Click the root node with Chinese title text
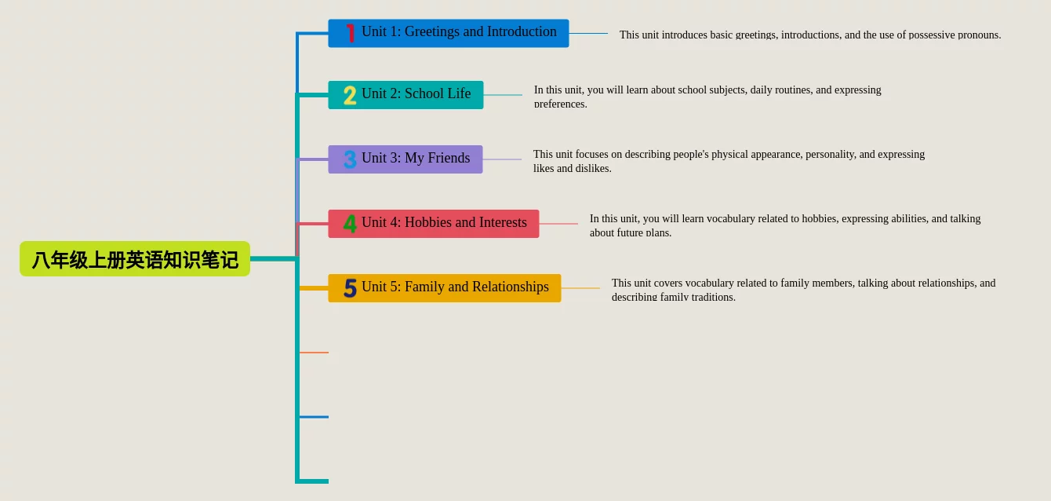coord(135,259)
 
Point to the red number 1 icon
coord(350,33)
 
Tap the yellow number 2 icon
coord(350,95)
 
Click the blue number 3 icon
coord(350,159)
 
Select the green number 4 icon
coord(350,224)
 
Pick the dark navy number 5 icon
coord(350,288)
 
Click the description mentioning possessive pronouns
coord(809,35)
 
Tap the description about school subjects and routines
coord(707,97)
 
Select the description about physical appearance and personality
coord(729,161)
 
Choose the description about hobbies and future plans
coord(785,225)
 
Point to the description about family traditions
coord(803,290)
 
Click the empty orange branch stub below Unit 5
coord(314,353)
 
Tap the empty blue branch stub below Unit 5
coord(314,417)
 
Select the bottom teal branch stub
coord(314,481)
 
